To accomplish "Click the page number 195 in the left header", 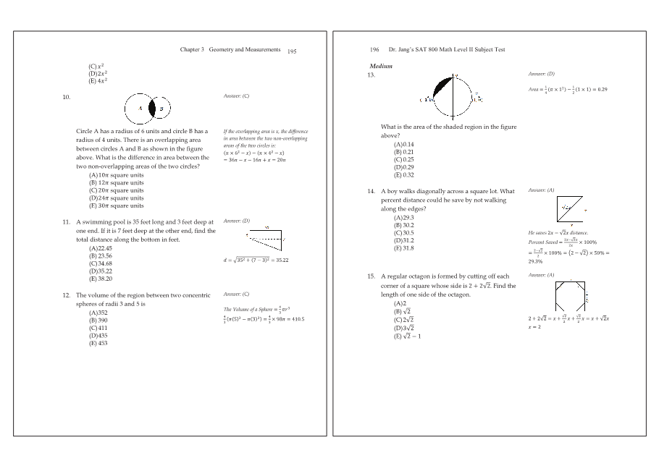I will [292, 51].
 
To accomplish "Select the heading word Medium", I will [381, 66].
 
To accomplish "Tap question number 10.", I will [66, 96].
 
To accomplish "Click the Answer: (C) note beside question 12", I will [237, 295].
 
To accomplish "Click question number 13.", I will [372, 75].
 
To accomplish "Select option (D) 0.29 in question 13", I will [403, 167].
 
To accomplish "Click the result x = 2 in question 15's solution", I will [535, 326].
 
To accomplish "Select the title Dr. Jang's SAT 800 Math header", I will [447, 49].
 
